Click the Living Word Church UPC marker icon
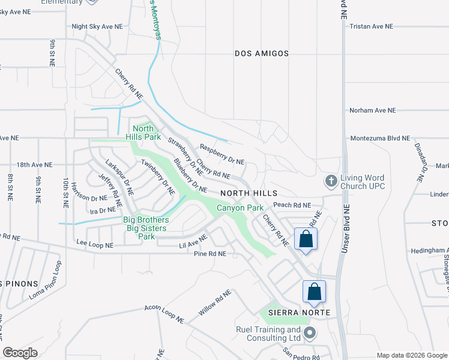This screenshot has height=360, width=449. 330,181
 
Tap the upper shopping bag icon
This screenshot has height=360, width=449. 306,239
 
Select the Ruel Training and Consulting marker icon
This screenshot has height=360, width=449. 310,333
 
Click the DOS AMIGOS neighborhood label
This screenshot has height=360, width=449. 261,53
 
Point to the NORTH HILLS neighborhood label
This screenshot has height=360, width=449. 249,193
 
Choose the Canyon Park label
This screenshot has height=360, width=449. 240,208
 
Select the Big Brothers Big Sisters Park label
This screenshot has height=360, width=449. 146,228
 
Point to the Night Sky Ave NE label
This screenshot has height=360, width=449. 96,26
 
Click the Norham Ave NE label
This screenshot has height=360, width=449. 373,110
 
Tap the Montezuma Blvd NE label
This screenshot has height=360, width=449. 380,137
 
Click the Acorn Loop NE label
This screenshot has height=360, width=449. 163,314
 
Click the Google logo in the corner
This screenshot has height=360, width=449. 20,352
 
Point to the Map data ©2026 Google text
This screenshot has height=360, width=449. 411,355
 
